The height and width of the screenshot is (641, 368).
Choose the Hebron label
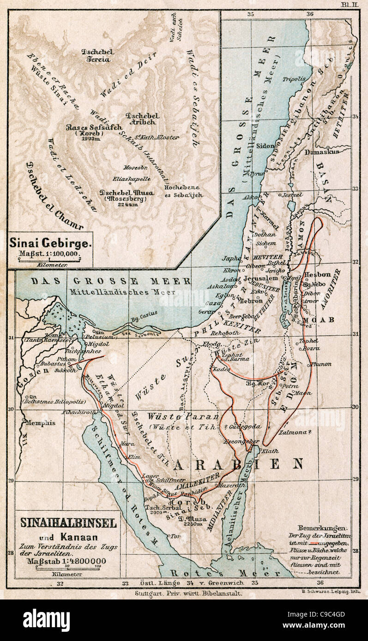251,301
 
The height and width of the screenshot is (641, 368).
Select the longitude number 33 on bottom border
125,583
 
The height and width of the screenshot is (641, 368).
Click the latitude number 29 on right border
355,480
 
